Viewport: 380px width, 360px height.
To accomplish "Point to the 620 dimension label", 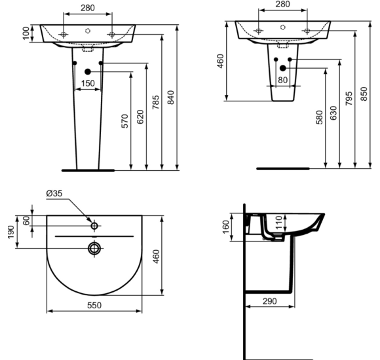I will pyautogui.click(x=140, y=117).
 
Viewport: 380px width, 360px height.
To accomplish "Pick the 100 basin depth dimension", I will pyautogui.click(x=26, y=33).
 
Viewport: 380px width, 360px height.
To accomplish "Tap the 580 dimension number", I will pyautogui.click(x=318, y=118).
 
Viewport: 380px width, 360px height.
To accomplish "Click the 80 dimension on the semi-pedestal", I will pyautogui.click(x=283, y=81).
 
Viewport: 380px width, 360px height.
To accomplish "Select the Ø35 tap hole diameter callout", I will pyautogui.click(x=54, y=194).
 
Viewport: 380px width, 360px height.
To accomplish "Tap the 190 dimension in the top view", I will pyautogui.click(x=10, y=232).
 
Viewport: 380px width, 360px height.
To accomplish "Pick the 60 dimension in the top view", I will pyautogui.click(x=26, y=221).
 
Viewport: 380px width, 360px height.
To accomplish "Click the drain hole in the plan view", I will pyautogui.click(x=94, y=248).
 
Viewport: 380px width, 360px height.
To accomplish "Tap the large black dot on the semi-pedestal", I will pyautogui.click(x=283, y=67).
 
